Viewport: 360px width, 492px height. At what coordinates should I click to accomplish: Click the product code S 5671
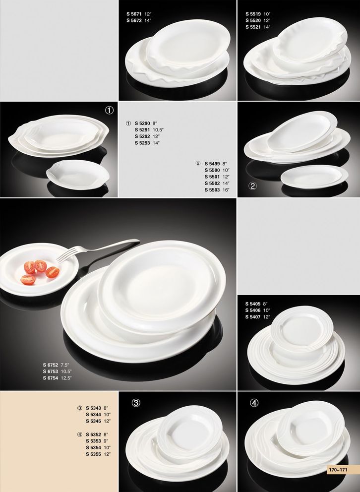click(x=134, y=14)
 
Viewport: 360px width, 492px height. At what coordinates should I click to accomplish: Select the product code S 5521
click(x=253, y=27)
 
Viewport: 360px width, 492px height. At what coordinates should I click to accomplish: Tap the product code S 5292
click(x=142, y=136)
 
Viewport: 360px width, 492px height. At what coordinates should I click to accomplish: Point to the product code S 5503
click(x=212, y=190)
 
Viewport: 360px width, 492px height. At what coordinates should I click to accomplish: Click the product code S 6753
click(x=51, y=371)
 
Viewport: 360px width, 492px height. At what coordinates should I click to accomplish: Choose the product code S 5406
click(x=253, y=310)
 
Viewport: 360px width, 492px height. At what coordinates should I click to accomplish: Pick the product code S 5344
click(x=93, y=415)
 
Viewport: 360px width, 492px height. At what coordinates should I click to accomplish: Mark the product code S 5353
click(x=93, y=441)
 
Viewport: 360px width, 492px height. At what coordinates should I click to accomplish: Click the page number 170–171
click(x=338, y=470)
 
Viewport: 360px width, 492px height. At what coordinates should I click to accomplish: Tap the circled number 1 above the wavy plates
click(x=109, y=110)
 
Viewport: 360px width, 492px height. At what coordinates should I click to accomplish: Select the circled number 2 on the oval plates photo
click(x=252, y=186)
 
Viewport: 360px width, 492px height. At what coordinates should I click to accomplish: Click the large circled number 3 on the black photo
click(x=136, y=403)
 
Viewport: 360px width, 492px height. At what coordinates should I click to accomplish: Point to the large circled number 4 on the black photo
click(x=254, y=403)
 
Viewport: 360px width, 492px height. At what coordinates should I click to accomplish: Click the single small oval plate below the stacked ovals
click(x=314, y=177)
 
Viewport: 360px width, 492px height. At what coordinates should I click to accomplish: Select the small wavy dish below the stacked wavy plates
click(x=78, y=175)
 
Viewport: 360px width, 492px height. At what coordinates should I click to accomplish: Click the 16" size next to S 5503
click(x=226, y=190)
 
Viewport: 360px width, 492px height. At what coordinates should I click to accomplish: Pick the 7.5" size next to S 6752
click(x=64, y=365)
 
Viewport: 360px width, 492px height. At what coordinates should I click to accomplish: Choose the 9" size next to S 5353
click(x=106, y=441)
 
